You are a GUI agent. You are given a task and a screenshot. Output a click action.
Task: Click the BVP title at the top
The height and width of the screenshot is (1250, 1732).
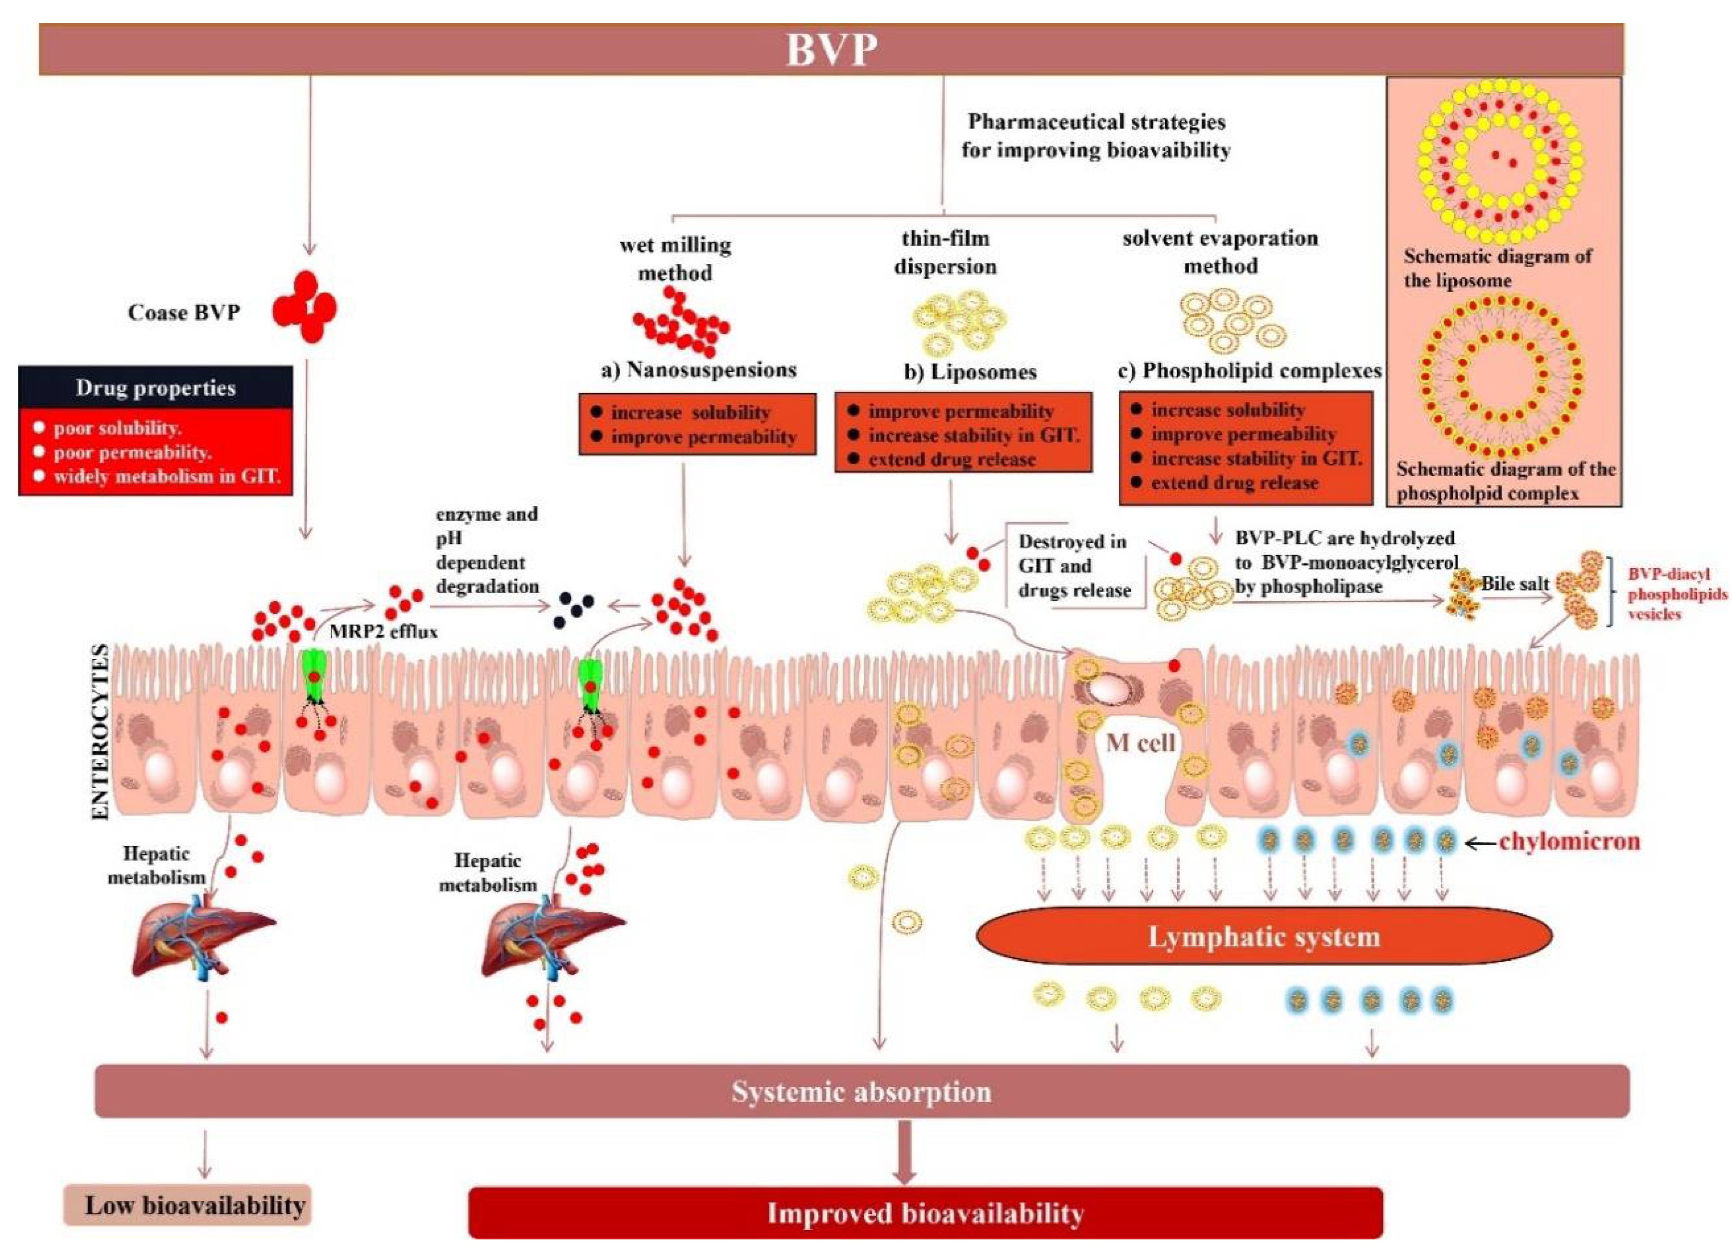pyautogui.click(x=831, y=50)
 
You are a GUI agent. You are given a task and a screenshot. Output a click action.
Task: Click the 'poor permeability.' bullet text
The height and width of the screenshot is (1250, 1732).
pyautogui.click(x=132, y=452)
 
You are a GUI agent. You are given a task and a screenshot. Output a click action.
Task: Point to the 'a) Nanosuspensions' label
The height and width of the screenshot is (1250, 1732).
pyautogui.click(x=699, y=370)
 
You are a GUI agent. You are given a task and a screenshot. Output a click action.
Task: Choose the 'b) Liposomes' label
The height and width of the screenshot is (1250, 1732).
pyautogui.click(x=970, y=372)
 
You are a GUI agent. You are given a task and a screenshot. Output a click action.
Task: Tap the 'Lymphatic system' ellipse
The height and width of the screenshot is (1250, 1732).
pyautogui.click(x=1264, y=937)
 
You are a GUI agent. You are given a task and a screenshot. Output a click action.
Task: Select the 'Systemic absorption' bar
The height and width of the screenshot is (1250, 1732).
pyautogui.click(x=861, y=1091)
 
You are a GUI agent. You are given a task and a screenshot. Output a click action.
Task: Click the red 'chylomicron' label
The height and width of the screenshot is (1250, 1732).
pyautogui.click(x=1569, y=841)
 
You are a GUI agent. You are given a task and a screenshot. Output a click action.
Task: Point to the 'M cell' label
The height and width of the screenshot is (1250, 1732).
pyautogui.click(x=1140, y=742)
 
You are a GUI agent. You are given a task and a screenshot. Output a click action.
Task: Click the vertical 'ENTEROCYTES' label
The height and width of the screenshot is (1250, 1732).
pyautogui.click(x=100, y=731)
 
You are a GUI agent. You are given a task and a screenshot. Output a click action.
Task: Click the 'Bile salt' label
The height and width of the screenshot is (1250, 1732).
pyautogui.click(x=1515, y=584)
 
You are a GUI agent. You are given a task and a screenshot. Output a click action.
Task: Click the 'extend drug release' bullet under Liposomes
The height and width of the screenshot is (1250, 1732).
pyautogui.click(x=952, y=459)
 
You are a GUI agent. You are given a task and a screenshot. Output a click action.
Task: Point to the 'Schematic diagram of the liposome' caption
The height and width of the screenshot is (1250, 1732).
pyautogui.click(x=1497, y=268)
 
